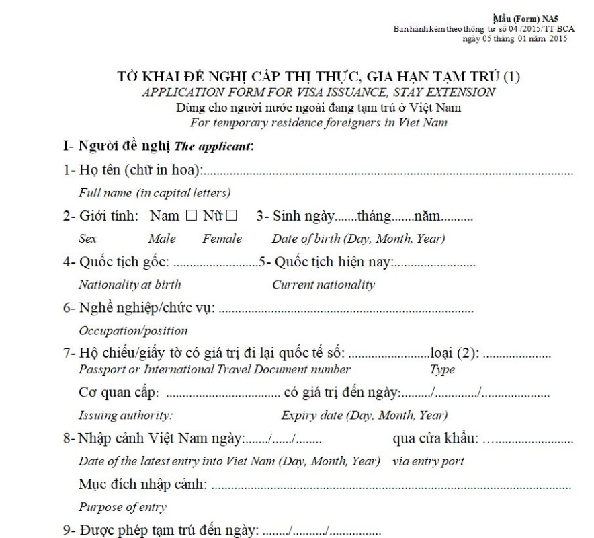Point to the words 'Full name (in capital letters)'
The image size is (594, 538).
click(155, 193)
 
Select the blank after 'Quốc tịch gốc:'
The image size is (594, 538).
click(215, 263)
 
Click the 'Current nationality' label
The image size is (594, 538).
click(323, 284)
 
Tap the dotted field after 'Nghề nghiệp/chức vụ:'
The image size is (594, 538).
click(346, 310)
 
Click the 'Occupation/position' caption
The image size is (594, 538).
click(133, 331)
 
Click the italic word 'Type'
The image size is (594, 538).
click(442, 369)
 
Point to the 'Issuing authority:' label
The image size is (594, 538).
click(126, 415)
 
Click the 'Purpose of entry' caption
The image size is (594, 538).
click(122, 506)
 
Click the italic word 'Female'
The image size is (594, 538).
click(222, 239)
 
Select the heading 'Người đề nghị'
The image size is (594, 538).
click(124, 146)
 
